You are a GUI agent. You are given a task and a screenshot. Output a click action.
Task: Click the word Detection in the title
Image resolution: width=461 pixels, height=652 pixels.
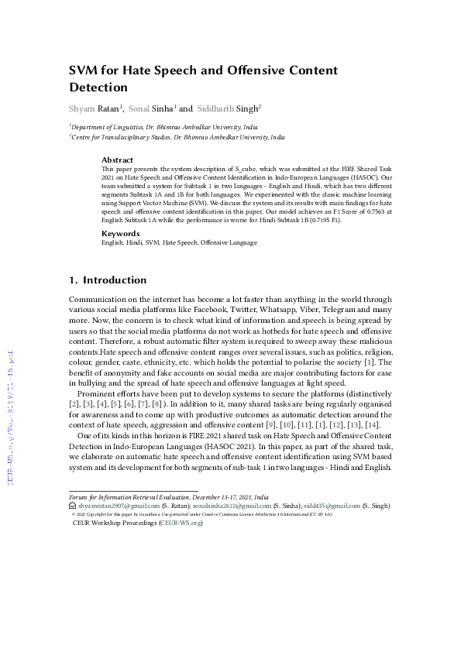pos(98,88)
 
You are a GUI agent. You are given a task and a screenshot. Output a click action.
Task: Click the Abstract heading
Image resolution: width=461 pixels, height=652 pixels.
pos(118,160)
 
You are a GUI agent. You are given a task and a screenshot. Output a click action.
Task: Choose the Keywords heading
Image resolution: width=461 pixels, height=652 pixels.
pos(121,233)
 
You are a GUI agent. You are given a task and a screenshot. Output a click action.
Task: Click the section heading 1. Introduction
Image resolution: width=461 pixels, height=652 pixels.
pos(108,280)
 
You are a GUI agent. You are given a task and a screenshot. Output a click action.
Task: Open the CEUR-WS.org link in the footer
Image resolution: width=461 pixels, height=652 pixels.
pos(180,523)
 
